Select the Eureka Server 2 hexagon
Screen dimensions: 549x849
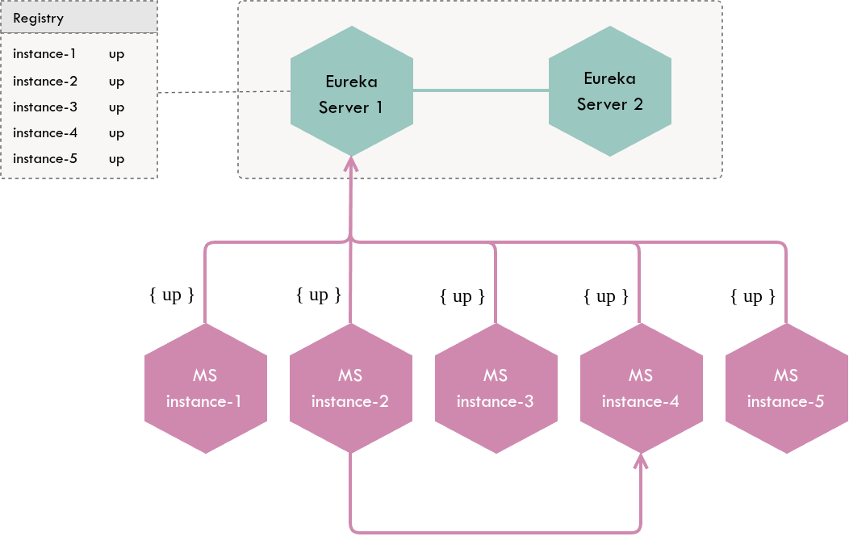coord(609,91)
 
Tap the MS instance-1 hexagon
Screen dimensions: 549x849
coord(205,388)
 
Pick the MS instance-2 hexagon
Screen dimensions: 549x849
coord(350,388)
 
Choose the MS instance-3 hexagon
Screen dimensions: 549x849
coord(496,388)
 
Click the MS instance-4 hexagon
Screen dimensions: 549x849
coord(641,388)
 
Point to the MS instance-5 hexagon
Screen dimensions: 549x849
coord(786,388)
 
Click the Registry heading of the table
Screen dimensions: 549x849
coord(39,18)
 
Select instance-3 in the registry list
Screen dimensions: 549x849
coord(45,107)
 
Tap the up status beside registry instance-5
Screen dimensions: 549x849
coord(116,158)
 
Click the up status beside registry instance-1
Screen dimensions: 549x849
coord(116,55)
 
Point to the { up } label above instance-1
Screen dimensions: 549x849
coord(172,295)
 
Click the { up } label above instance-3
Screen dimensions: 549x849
coord(462,296)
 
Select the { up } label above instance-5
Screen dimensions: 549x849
coord(753,296)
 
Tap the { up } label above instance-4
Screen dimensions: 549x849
coord(606,296)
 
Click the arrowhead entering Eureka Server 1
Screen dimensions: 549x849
coord(350,164)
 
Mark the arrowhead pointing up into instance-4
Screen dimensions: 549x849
coord(641,461)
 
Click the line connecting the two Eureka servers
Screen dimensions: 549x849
coord(480,90)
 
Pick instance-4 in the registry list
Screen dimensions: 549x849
coord(45,132)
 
